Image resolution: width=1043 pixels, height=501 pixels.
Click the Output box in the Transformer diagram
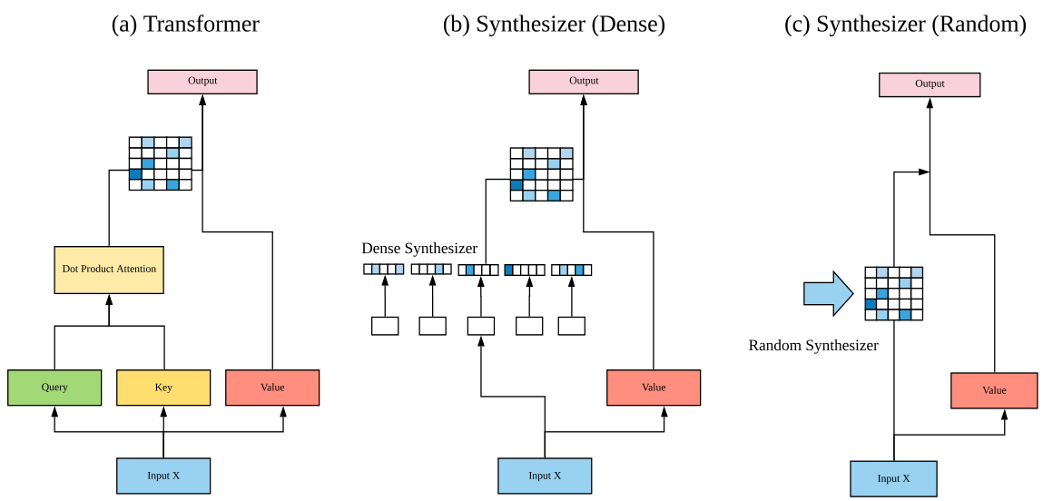coord(202,82)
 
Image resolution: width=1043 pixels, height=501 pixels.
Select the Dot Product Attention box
coord(109,270)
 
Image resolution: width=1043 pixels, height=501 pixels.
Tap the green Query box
coord(54,388)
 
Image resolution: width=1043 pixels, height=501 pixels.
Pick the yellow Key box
coord(163,388)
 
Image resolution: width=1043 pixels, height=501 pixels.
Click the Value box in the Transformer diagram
coord(272,388)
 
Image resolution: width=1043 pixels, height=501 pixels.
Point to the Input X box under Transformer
coord(163,476)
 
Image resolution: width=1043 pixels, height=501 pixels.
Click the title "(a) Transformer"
coord(185,25)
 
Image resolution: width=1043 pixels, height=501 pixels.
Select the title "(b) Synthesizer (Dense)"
coord(554,25)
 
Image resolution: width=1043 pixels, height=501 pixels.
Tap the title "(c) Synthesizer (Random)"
coord(905,25)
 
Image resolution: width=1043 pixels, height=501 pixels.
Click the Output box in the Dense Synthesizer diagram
coord(584,82)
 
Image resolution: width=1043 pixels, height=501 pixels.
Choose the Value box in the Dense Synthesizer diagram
coord(654,388)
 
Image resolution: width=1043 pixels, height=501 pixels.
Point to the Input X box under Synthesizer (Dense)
coord(545,476)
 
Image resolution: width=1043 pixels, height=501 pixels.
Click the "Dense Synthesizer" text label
coord(419,249)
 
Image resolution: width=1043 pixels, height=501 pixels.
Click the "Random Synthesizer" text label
coord(813,346)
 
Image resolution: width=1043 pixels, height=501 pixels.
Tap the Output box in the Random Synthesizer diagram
coord(930,84)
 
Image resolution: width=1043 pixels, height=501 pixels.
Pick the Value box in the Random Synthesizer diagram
coord(994,390)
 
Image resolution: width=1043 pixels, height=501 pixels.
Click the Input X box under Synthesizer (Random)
coord(893,478)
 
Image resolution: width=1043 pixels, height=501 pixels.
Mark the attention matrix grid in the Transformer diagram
coord(161,163)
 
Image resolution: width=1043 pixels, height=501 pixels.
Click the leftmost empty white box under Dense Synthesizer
coord(385,326)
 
